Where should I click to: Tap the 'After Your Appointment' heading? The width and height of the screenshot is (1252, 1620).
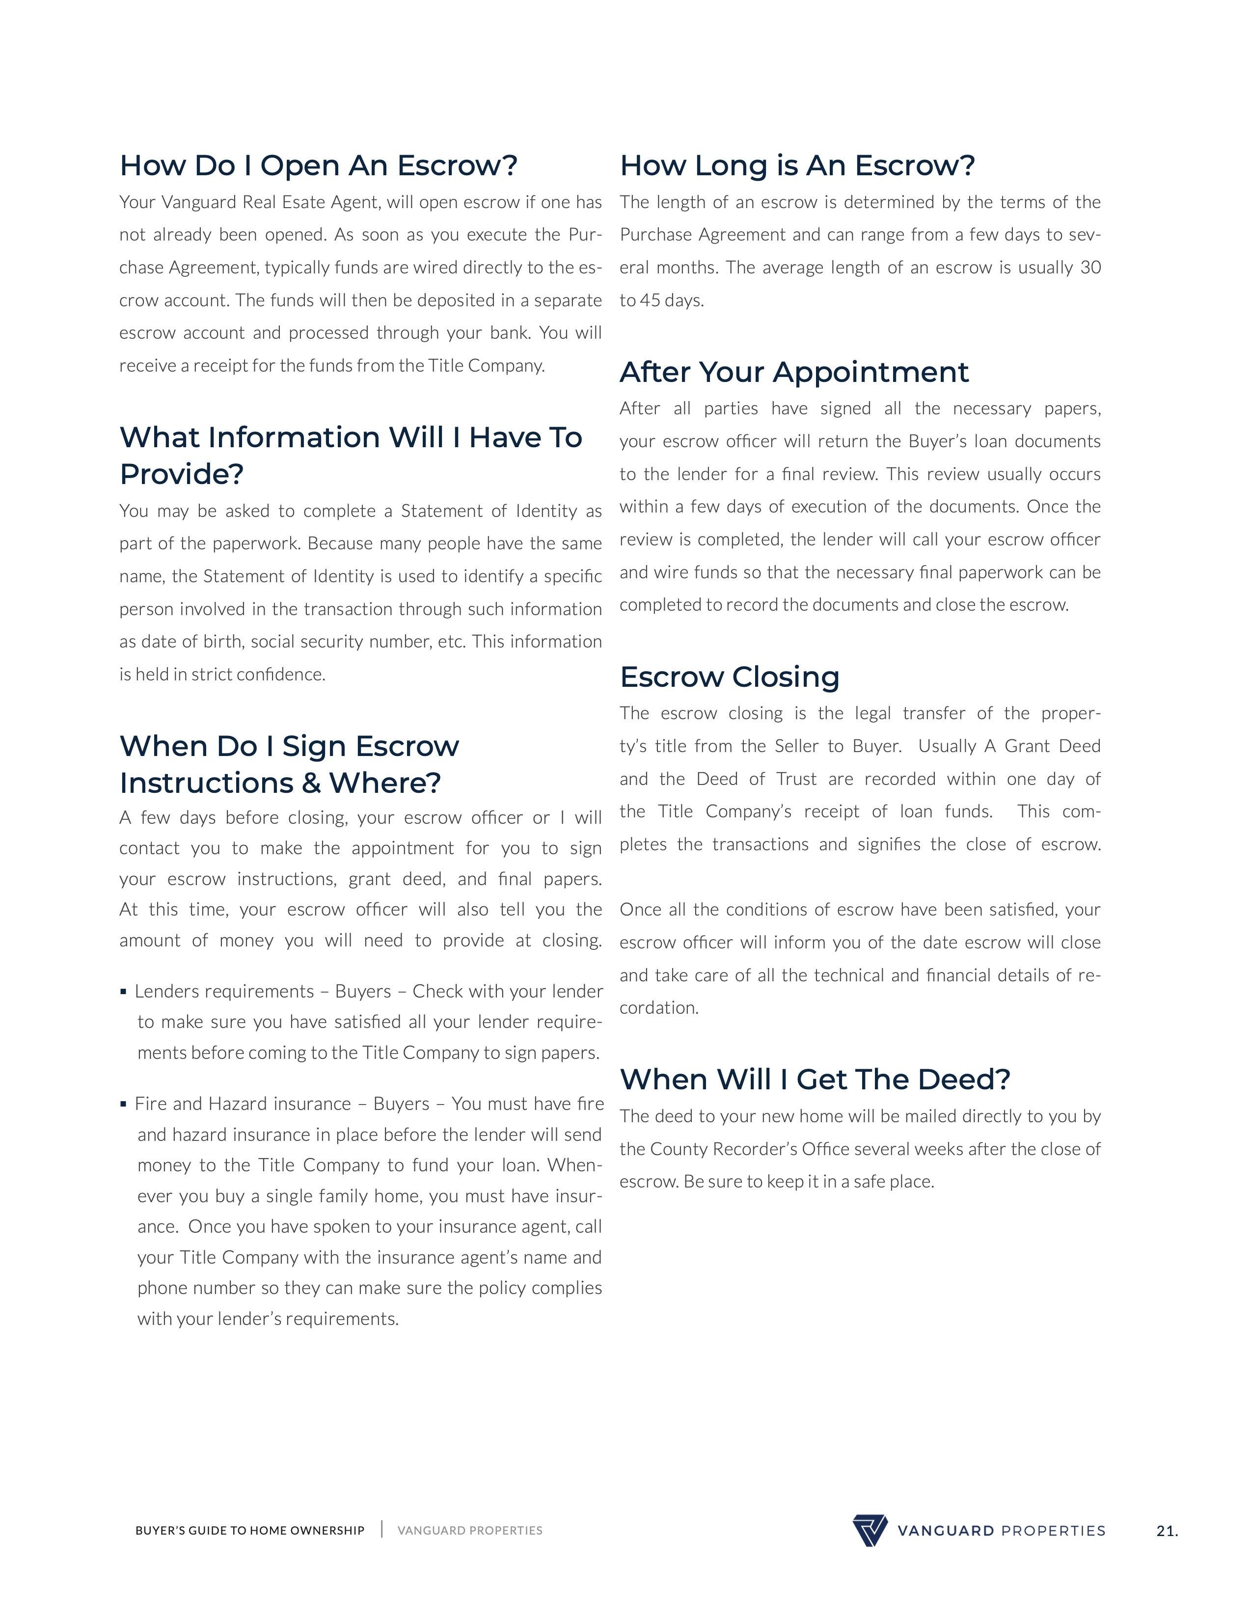[793, 373]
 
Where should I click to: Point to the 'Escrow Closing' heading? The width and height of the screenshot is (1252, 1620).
[729, 677]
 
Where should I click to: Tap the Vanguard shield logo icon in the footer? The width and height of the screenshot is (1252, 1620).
[869, 1530]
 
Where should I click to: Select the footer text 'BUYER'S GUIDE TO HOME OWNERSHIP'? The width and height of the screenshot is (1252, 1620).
[250, 1531]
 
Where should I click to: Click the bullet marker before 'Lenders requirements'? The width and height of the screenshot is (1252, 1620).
[123, 992]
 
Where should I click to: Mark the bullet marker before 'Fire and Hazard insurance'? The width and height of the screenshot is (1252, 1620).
[123, 1105]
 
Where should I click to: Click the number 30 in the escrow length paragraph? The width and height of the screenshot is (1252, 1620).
[1090, 268]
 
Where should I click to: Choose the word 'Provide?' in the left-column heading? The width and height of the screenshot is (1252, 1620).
[182, 475]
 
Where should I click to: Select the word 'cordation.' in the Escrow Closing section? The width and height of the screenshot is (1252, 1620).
[658, 1008]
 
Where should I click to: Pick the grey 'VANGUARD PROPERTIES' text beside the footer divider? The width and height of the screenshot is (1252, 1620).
[469, 1531]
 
